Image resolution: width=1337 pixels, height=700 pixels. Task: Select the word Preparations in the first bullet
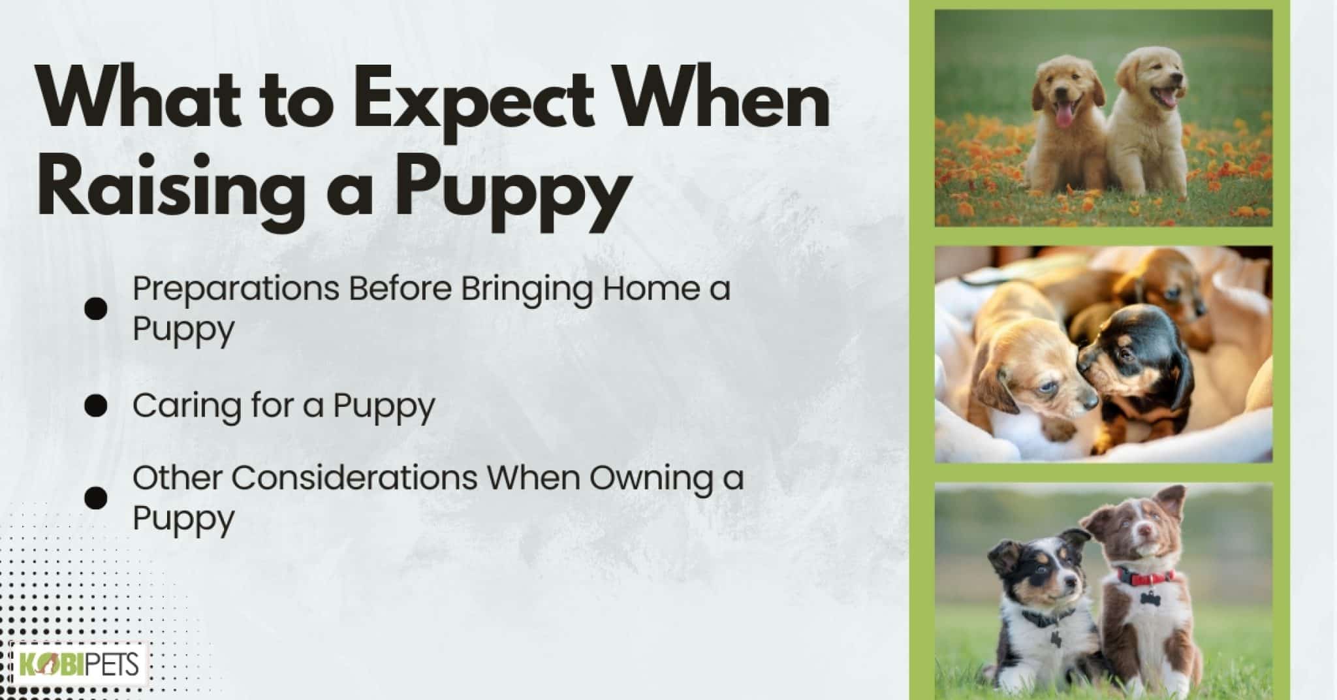[x=236, y=289]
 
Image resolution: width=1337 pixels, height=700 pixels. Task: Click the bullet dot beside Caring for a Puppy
[x=96, y=406]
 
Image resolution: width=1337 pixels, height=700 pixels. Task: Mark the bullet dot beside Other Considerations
[x=96, y=498]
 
